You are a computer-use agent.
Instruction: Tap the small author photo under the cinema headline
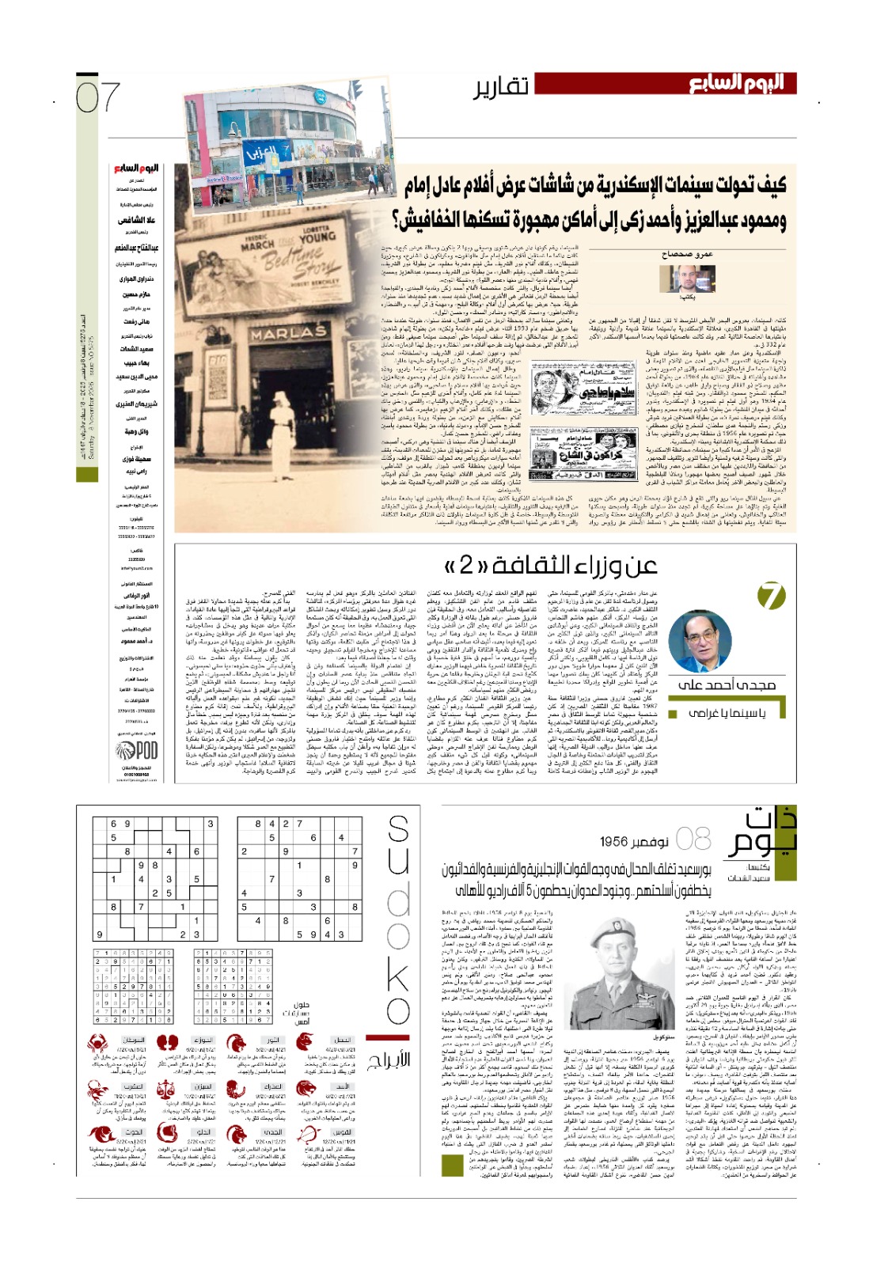click(686, 278)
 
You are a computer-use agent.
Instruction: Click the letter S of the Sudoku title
click(398, 829)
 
